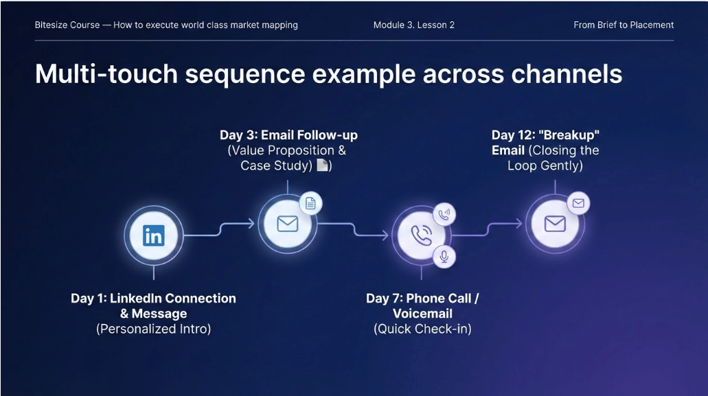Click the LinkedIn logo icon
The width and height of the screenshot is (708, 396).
154,235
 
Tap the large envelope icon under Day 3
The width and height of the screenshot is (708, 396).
287,224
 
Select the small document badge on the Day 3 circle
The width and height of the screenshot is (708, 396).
310,203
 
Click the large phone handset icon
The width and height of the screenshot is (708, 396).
421,235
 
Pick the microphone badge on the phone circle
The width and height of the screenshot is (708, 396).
444,257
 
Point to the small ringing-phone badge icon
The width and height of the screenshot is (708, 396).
444,214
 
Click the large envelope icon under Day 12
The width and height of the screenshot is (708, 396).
555,224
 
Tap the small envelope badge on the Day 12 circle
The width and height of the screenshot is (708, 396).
578,203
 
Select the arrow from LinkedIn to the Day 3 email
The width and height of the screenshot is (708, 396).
220,229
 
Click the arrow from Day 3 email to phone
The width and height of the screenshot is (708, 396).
353,229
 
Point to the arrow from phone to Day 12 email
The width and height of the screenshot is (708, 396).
487,229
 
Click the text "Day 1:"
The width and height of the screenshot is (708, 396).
89,299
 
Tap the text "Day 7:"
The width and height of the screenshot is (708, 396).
385,299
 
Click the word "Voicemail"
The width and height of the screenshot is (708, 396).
422,314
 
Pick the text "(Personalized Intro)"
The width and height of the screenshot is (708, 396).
154,329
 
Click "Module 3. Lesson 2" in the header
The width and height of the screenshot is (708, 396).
414,25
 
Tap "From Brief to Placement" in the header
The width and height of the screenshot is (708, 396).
624,25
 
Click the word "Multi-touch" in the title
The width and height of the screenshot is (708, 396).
106,74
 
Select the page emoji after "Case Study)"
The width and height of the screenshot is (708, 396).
322,165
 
